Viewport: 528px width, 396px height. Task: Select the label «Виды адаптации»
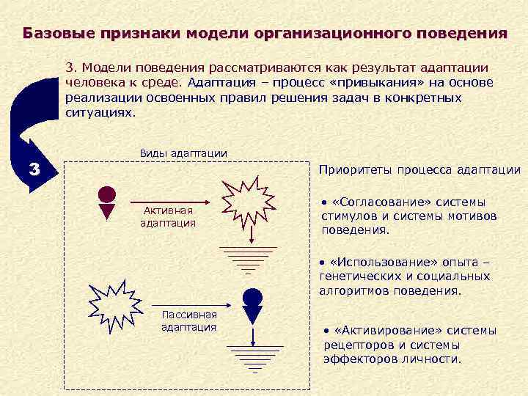coord(183,153)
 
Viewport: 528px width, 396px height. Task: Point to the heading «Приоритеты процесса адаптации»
coord(419,170)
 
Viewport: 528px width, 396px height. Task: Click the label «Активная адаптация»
coord(168,216)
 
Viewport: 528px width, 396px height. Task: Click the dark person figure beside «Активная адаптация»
coord(107,202)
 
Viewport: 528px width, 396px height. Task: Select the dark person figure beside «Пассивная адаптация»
coord(252,306)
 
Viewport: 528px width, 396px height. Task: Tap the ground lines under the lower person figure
coord(254,360)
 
